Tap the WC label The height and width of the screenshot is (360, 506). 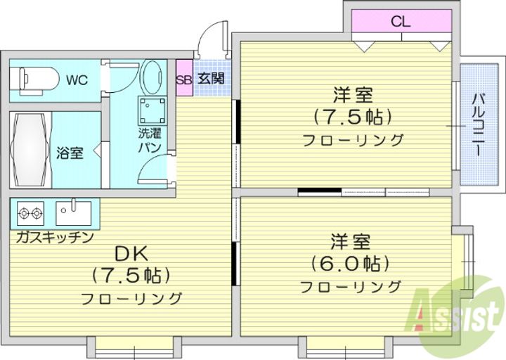point(77,80)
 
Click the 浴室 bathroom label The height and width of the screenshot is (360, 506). point(70,153)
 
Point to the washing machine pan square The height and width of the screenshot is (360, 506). point(153,111)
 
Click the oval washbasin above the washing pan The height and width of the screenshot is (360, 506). point(152,76)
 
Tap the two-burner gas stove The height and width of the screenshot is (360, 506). point(30,213)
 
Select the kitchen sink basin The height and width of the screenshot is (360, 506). point(74,213)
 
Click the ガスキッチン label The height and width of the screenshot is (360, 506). point(55,238)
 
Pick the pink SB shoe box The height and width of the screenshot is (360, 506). point(184,78)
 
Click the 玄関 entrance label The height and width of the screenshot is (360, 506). point(211,78)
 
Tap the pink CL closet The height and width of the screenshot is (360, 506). point(401,21)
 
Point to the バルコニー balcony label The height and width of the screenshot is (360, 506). point(479,124)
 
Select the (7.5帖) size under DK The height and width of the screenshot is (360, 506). point(131,276)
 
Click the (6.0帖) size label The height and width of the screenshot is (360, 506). point(350,264)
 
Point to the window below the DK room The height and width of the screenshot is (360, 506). point(134,347)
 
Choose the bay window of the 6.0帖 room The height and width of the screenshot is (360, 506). point(463,261)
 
